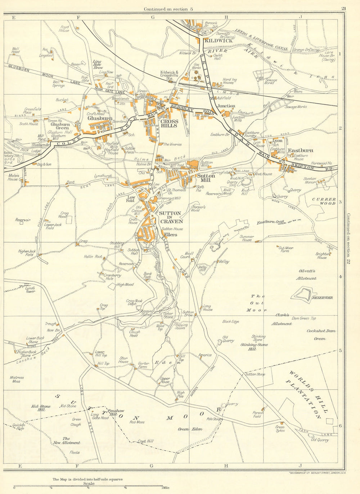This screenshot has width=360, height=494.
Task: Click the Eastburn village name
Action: point(301,150)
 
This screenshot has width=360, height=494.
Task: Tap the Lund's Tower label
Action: point(30,289)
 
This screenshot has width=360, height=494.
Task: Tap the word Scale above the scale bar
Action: point(89,484)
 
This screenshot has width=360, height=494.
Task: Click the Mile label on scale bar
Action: point(166,488)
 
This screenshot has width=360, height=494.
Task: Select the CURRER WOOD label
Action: point(324,201)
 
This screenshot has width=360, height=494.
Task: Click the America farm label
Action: point(205,355)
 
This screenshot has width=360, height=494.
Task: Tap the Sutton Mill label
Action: point(206,178)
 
